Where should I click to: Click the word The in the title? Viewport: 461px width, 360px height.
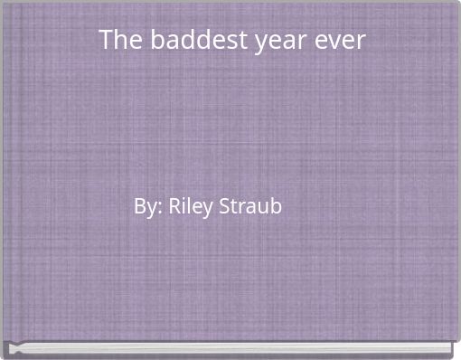117,41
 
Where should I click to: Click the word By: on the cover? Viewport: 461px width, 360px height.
148,207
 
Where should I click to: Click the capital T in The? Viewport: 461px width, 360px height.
106,41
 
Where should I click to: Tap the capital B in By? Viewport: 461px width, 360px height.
139,206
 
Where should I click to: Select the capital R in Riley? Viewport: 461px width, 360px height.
174,206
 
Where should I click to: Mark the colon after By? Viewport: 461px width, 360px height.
161,209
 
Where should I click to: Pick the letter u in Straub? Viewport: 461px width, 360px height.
263,208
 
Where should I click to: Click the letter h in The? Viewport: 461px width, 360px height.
118,41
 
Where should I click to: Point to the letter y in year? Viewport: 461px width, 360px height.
260,44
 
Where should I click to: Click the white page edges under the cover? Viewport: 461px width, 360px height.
230,348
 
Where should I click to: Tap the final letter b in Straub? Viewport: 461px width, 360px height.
276,206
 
